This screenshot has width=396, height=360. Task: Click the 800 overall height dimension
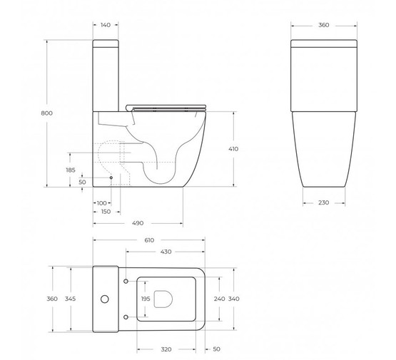coord(46,113)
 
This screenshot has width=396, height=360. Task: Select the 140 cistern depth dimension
coord(106,25)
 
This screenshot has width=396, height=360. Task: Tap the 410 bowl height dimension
coord(233,149)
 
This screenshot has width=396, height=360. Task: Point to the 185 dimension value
coord(71,170)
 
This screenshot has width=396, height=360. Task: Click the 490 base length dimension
coord(138,223)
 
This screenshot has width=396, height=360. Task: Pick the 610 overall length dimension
coord(149,240)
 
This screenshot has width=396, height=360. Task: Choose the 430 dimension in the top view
coord(166,252)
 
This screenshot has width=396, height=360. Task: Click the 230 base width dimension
coord(323,202)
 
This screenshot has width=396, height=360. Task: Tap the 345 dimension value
coord(70,299)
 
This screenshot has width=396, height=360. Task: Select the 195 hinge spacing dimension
coord(146,299)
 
